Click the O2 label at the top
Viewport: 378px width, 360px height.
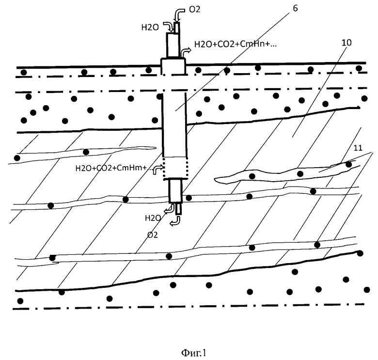click(194, 9)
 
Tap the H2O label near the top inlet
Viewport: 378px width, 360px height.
click(150, 28)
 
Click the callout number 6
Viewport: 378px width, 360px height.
click(295, 8)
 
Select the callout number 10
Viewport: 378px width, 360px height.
click(346, 43)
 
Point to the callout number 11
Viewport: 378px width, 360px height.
click(358, 148)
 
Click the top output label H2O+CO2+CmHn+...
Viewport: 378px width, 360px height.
click(236, 44)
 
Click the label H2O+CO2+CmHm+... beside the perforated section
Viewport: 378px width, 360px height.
click(113, 168)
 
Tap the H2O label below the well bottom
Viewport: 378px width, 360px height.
click(153, 219)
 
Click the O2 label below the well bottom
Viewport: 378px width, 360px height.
click(153, 235)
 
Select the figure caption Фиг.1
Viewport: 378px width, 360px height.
click(193, 353)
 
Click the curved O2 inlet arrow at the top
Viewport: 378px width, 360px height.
click(179, 14)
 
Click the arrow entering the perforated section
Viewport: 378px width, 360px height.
click(157, 170)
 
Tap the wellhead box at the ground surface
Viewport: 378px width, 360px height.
click(173, 66)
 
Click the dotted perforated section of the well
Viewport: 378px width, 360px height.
click(175, 169)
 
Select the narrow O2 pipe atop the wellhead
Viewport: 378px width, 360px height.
click(177, 28)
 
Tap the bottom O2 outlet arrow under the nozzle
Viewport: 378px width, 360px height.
click(175, 221)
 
